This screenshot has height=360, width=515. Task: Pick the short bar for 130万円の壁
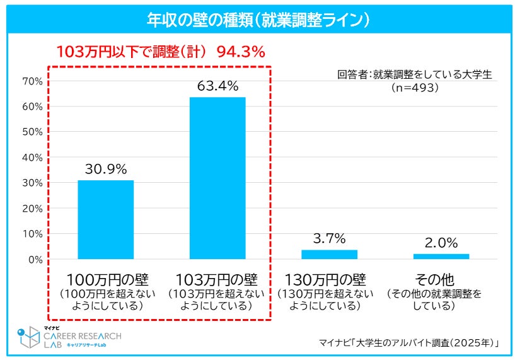tap(329, 254)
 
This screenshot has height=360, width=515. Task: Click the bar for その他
tap(441, 256)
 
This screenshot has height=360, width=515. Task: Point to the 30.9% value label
tap(106, 169)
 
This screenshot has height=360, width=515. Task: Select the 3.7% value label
tap(329, 238)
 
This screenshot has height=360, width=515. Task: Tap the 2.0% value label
tap(441, 242)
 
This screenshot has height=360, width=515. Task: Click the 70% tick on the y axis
tap(32, 81)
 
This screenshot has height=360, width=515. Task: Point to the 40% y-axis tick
tap(32, 158)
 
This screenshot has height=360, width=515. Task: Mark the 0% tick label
tap(34, 259)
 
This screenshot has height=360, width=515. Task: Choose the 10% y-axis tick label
tap(32, 234)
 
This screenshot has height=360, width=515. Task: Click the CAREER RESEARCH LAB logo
tap(69, 339)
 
